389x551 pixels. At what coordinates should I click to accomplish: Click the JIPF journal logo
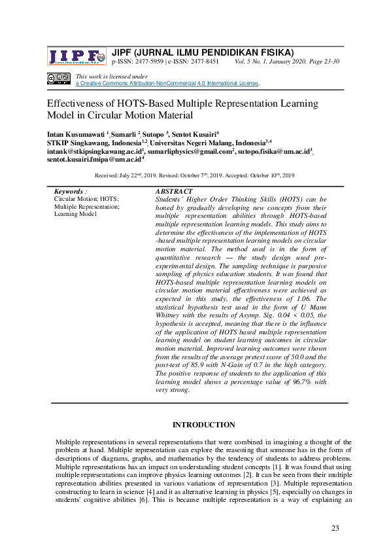76,56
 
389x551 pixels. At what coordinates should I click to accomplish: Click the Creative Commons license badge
59,79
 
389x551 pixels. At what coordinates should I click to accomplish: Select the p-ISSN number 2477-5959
147,62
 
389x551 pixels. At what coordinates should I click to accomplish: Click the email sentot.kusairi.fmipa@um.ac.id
94,158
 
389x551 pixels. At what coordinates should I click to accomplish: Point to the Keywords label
69,191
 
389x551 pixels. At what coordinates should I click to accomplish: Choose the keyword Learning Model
76,213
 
